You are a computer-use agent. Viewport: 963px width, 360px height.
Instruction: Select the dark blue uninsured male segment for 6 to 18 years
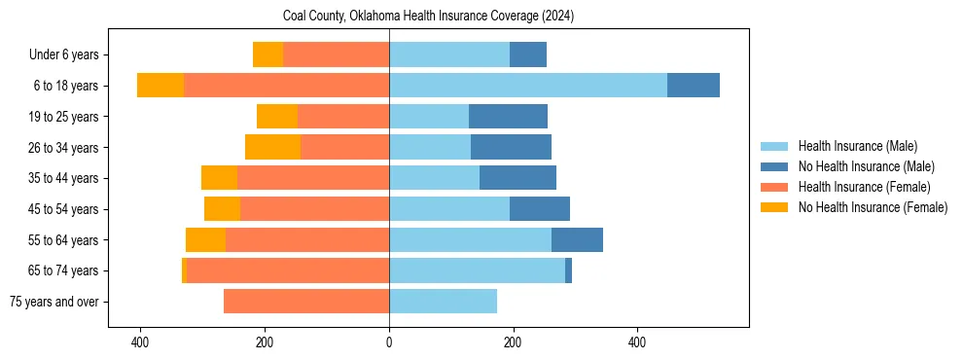pos(694,85)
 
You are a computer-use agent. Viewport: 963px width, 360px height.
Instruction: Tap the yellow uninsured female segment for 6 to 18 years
pos(160,85)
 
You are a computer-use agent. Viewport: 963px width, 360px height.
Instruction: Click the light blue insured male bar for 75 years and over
pos(443,302)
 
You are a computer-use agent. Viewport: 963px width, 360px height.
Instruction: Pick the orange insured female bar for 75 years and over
pos(306,302)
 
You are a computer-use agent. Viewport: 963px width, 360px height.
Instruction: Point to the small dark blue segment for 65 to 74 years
pos(568,270)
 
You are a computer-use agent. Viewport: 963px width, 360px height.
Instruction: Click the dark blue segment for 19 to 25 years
pos(508,116)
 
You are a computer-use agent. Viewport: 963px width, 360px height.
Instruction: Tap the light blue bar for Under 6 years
pos(448,54)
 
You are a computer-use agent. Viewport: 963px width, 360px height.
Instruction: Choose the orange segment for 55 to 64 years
pos(307,239)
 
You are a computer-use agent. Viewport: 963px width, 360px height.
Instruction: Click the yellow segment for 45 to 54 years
pos(222,208)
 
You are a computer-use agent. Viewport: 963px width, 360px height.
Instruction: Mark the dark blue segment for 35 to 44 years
pos(517,178)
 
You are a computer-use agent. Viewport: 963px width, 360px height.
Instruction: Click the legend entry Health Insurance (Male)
pos(857,146)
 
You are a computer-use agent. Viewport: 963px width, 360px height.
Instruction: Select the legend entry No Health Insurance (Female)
pos(873,207)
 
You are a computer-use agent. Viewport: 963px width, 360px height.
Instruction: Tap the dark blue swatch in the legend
pos(774,166)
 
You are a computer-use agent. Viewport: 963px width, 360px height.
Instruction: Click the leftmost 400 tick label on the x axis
pos(140,342)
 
